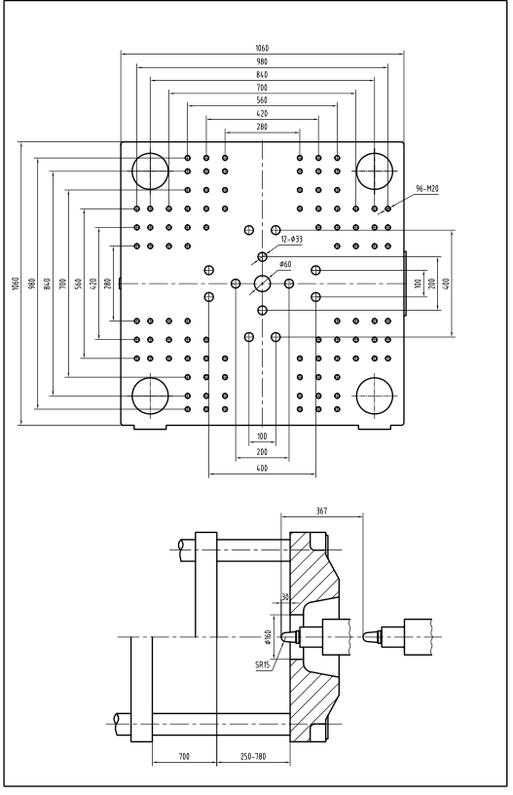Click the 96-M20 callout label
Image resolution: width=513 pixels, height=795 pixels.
click(x=427, y=189)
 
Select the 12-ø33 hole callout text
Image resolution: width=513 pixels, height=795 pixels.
click(x=292, y=239)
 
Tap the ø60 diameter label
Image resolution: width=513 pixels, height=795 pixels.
click(x=285, y=264)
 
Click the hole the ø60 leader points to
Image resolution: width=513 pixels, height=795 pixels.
click(x=262, y=284)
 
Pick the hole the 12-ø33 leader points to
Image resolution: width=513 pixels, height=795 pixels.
click(x=262, y=256)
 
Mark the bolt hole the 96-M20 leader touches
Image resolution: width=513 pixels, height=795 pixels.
click(x=388, y=208)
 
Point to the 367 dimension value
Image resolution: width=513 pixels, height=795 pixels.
click(x=321, y=511)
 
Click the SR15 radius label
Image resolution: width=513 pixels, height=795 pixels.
click(x=262, y=664)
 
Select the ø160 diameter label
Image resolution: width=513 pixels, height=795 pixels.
click(x=268, y=636)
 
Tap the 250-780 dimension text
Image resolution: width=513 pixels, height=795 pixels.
click(x=253, y=757)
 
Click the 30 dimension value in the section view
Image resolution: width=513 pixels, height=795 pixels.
click(x=284, y=597)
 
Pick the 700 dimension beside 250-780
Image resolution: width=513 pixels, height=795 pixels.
click(x=184, y=757)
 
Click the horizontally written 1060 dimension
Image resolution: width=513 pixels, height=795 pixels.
click(x=262, y=48)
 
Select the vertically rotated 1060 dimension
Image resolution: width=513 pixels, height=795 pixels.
click(x=16, y=284)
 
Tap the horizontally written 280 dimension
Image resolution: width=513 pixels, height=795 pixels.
click(x=262, y=127)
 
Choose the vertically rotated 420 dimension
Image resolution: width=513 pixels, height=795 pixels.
click(x=92, y=284)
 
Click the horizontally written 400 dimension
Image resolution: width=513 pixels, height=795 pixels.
click(x=262, y=469)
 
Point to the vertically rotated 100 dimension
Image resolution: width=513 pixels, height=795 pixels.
click(x=418, y=284)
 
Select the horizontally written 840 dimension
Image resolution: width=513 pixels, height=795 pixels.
click(x=262, y=74)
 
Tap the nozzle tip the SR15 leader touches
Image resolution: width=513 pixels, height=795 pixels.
click(x=283, y=636)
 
